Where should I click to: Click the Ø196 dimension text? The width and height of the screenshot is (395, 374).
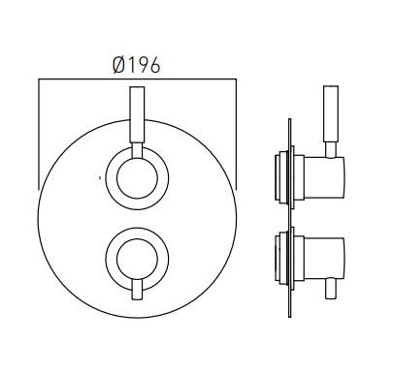point(137,65)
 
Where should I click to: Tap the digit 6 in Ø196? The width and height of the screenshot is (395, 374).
point(154,65)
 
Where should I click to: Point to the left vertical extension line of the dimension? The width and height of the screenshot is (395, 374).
point(38,136)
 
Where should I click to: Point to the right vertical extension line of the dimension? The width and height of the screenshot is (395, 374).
point(236,136)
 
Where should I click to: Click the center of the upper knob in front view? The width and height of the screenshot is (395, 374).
point(137,178)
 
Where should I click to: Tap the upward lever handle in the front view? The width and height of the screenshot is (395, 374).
point(137,121)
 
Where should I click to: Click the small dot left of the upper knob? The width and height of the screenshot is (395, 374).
point(101,177)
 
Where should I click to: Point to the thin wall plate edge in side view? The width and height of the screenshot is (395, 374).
point(290,218)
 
